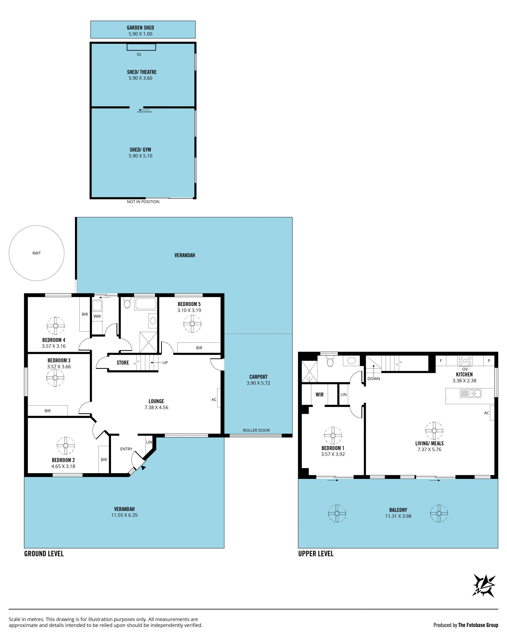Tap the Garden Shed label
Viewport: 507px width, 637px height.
[140, 28]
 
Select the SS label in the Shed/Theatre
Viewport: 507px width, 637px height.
[139, 54]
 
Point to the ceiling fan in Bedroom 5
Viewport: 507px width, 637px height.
[192, 324]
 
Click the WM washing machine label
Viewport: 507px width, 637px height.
[97, 316]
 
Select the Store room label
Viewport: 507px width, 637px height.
[123, 362]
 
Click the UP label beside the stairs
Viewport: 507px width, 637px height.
[165, 362]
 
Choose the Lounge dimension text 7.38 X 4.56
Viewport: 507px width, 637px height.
[156, 407]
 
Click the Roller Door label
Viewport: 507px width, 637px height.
[256, 430]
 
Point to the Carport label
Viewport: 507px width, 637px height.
[258, 377]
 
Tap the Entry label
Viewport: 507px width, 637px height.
[126, 449]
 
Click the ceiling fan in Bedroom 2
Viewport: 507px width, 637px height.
[65, 446]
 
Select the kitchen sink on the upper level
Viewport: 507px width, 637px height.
[471, 393]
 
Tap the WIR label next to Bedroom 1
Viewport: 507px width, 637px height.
[320, 394]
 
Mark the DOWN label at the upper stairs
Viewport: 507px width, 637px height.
[374, 379]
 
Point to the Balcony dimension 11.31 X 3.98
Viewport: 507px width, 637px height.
[398, 516]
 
